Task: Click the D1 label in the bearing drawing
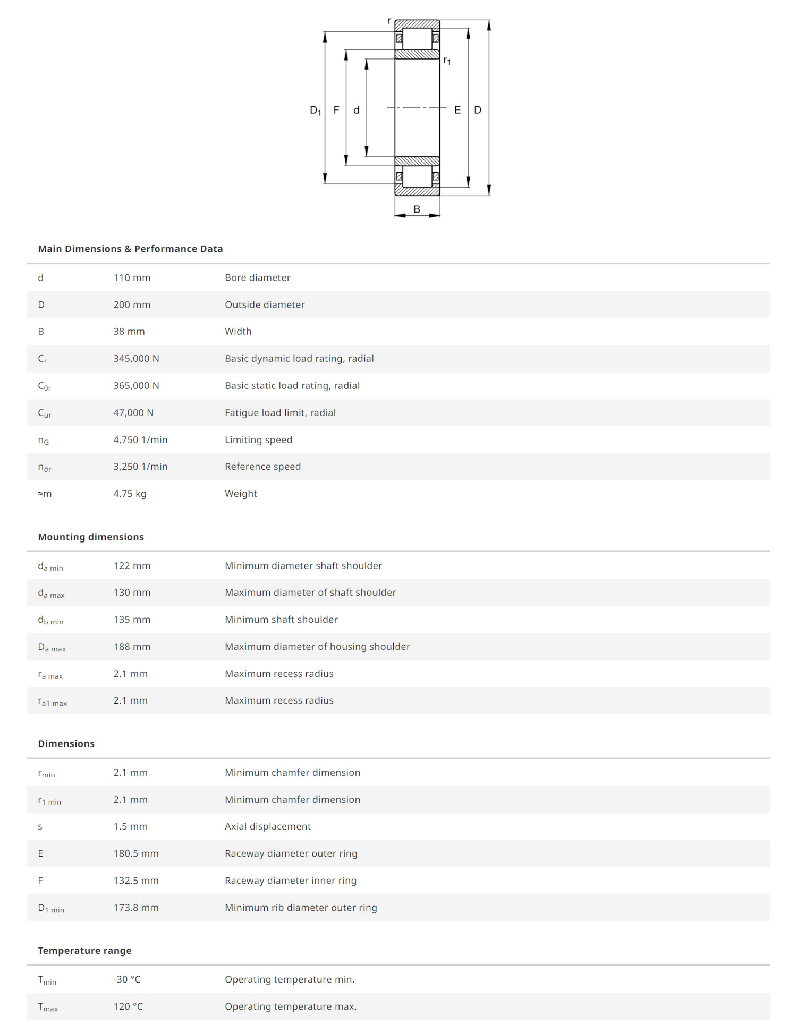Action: tap(315, 111)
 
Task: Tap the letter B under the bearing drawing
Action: tap(417, 209)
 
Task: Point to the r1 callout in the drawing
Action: tap(447, 61)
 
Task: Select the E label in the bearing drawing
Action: tap(457, 110)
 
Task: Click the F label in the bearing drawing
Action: tap(336, 110)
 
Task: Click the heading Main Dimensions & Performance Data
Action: tap(130, 249)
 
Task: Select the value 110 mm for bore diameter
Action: tap(132, 277)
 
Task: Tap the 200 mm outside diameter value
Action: tap(132, 304)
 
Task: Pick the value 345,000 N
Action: tap(136, 359)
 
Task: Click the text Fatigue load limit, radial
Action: tap(280, 413)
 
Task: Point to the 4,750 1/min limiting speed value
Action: tap(140, 440)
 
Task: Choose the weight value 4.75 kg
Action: tap(130, 494)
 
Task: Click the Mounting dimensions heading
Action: tap(91, 537)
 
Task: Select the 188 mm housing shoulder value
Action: tap(132, 647)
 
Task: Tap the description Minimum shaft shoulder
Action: tap(281, 620)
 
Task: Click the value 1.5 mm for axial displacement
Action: tap(130, 826)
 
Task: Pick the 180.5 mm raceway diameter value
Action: tap(136, 853)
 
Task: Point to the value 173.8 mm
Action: tap(136, 908)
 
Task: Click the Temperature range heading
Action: tap(84, 951)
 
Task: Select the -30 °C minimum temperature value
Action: tap(127, 979)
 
